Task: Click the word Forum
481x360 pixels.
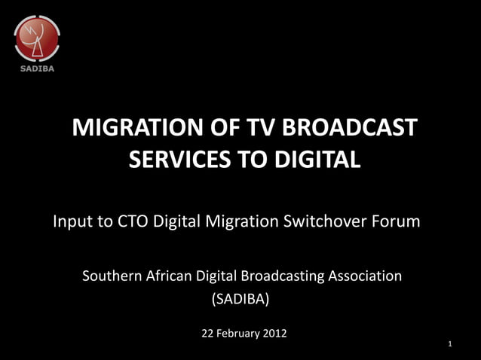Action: (x=397, y=223)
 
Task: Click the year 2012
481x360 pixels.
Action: (x=274, y=333)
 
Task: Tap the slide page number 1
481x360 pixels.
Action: (x=449, y=344)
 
